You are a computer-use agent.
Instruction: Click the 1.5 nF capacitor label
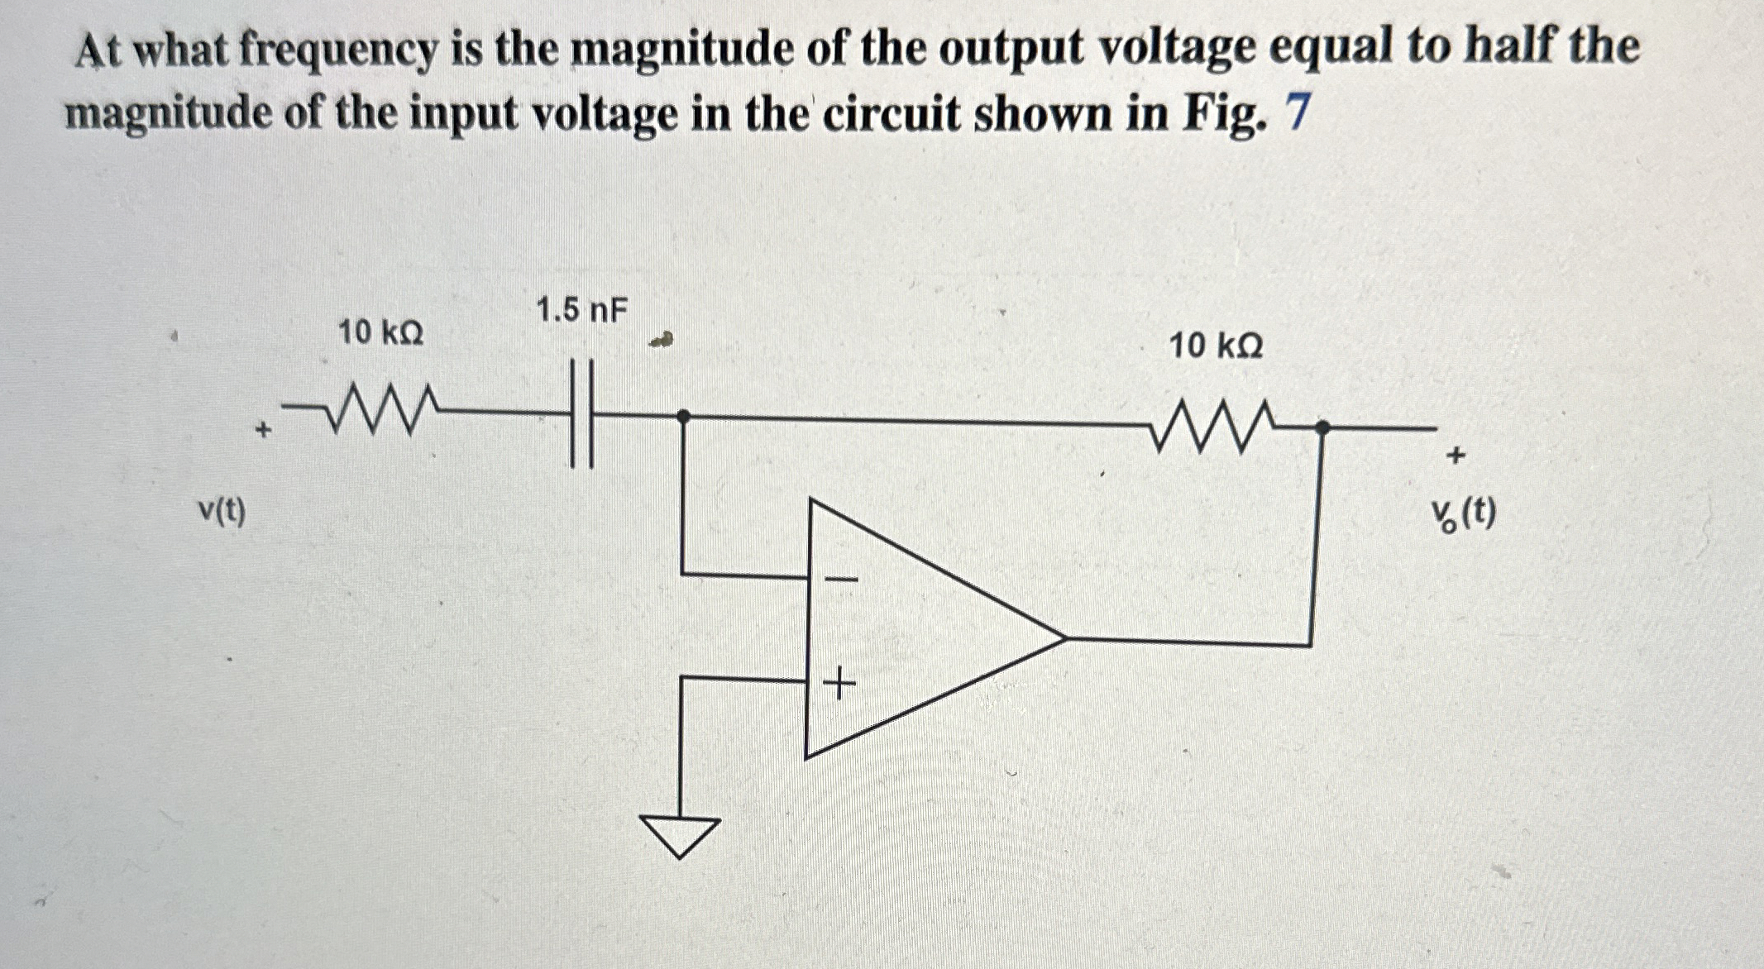(581, 312)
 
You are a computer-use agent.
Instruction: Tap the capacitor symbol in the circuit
(581, 413)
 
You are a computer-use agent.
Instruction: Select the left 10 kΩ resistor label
(380, 333)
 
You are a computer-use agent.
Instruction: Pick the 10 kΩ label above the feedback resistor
(1215, 346)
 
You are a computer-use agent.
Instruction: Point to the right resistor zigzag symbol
(1212, 426)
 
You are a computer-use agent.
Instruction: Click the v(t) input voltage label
(222, 512)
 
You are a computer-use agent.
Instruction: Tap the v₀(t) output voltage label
(1464, 516)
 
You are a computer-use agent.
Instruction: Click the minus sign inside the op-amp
(840, 579)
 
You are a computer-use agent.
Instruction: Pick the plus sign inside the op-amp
(839, 685)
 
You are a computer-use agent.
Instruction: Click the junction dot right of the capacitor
(683, 416)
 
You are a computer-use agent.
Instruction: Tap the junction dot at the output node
(1322, 427)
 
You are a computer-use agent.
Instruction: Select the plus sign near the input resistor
(263, 430)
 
